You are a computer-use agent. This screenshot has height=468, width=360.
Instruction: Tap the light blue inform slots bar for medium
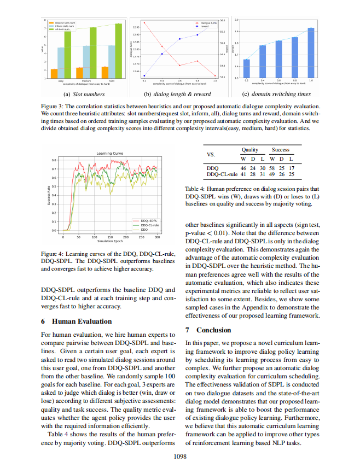(86, 62)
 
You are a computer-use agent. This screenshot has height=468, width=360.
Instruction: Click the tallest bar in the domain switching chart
(311, 52)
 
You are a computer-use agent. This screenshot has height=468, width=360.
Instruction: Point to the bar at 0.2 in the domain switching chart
(247, 68)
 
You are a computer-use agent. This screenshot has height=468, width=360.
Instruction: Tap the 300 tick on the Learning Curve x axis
(158, 237)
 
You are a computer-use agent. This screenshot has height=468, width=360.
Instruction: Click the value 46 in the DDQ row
(243, 168)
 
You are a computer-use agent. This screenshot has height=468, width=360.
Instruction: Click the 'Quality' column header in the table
(249, 149)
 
